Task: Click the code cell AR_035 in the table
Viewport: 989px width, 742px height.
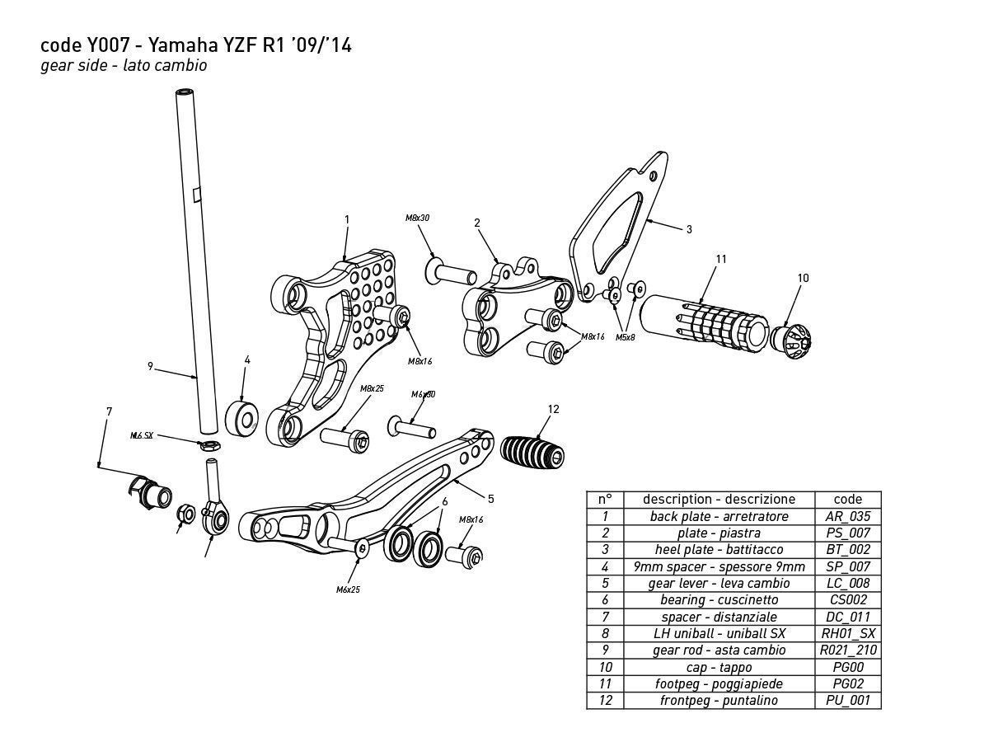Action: point(847,516)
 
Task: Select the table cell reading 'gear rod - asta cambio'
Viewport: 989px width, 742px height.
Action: point(719,650)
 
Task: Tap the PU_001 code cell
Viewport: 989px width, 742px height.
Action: point(847,701)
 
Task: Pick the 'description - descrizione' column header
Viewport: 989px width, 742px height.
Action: point(719,499)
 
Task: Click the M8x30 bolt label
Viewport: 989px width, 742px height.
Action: point(417,218)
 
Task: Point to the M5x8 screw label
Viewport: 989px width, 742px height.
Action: point(625,337)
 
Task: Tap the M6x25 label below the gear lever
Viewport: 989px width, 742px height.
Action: point(348,589)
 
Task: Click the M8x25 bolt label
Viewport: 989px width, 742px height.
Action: point(372,388)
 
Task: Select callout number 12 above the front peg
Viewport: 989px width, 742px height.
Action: point(553,409)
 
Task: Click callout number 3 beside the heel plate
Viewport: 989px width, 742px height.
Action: point(689,229)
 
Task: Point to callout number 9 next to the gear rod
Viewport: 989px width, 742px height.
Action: point(151,366)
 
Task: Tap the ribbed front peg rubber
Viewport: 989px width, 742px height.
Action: point(532,452)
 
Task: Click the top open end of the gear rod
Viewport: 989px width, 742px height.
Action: point(185,93)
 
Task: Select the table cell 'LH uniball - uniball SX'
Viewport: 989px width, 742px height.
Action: point(719,633)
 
